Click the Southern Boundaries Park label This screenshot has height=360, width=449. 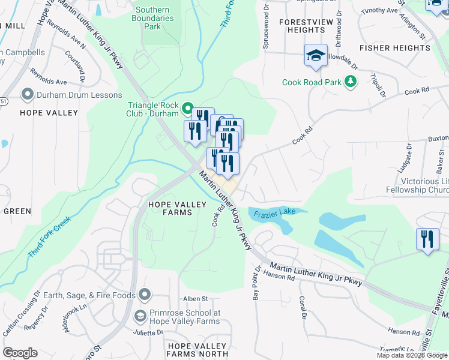(156, 18)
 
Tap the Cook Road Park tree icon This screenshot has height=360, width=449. (350, 82)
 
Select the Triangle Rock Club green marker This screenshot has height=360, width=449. (187, 109)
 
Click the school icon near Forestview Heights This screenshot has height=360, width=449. (316, 56)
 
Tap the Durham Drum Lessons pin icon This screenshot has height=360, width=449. (26, 95)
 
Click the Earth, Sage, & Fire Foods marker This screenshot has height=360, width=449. (143, 294)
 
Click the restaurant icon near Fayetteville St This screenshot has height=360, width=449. (427, 239)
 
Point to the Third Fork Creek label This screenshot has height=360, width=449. (49, 236)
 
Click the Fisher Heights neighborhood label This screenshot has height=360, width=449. (391, 47)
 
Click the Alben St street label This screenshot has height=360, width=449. (195, 299)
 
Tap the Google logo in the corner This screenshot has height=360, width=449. (20, 353)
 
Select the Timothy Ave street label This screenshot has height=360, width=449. (380, 11)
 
